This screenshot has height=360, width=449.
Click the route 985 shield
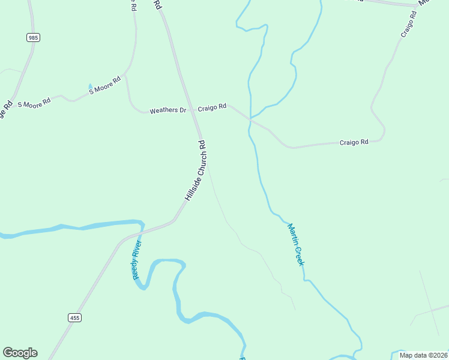click(x=33, y=37)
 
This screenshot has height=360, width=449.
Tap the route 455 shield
click(x=74, y=317)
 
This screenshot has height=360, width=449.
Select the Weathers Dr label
click(x=167, y=110)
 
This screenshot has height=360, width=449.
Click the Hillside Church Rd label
click(x=196, y=170)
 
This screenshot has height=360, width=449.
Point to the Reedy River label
click(x=137, y=260)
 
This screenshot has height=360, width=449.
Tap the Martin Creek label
click(x=297, y=245)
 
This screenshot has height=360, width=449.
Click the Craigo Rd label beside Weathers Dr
click(x=212, y=107)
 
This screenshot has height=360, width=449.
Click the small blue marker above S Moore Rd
click(x=90, y=86)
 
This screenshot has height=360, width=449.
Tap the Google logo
click(x=20, y=353)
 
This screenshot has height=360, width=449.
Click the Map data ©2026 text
click(x=423, y=355)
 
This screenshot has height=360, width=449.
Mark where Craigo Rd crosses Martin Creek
click(x=250, y=120)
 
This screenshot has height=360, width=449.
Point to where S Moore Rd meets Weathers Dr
click(x=127, y=77)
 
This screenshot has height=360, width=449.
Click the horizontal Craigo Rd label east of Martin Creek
click(x=354, y=142)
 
